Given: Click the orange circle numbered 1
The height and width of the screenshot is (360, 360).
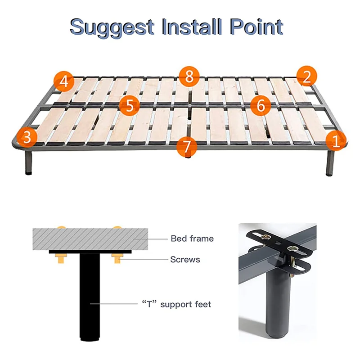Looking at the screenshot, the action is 336,140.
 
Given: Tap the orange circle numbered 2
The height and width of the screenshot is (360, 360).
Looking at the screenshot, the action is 307,76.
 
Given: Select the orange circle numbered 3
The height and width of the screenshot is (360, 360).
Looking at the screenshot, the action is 27,137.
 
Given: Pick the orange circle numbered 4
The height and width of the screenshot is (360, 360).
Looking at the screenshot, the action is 64,81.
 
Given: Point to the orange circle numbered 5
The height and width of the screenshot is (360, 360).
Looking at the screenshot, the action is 130,106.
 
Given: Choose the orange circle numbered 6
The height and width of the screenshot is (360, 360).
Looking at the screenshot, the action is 261,105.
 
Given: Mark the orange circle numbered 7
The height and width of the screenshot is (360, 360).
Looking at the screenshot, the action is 187,147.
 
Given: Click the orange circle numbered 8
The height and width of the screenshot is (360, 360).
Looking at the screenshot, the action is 189,76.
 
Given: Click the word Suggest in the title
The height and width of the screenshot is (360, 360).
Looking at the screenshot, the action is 112,28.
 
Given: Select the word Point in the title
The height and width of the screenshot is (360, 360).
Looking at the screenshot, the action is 256,27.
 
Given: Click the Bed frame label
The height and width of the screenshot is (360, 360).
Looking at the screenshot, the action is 192,238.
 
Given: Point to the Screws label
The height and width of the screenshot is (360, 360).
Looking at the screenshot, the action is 185,260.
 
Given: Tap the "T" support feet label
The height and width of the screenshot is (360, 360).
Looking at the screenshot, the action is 176,304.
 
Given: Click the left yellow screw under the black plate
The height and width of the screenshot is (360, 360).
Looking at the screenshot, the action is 61,258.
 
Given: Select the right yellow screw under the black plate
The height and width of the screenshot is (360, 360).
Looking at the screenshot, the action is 117,258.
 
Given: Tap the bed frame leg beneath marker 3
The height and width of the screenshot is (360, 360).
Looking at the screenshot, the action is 28,162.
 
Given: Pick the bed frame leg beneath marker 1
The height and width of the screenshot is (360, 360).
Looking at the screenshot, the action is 329,163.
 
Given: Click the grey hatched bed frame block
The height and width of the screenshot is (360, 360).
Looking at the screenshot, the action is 90,239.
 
